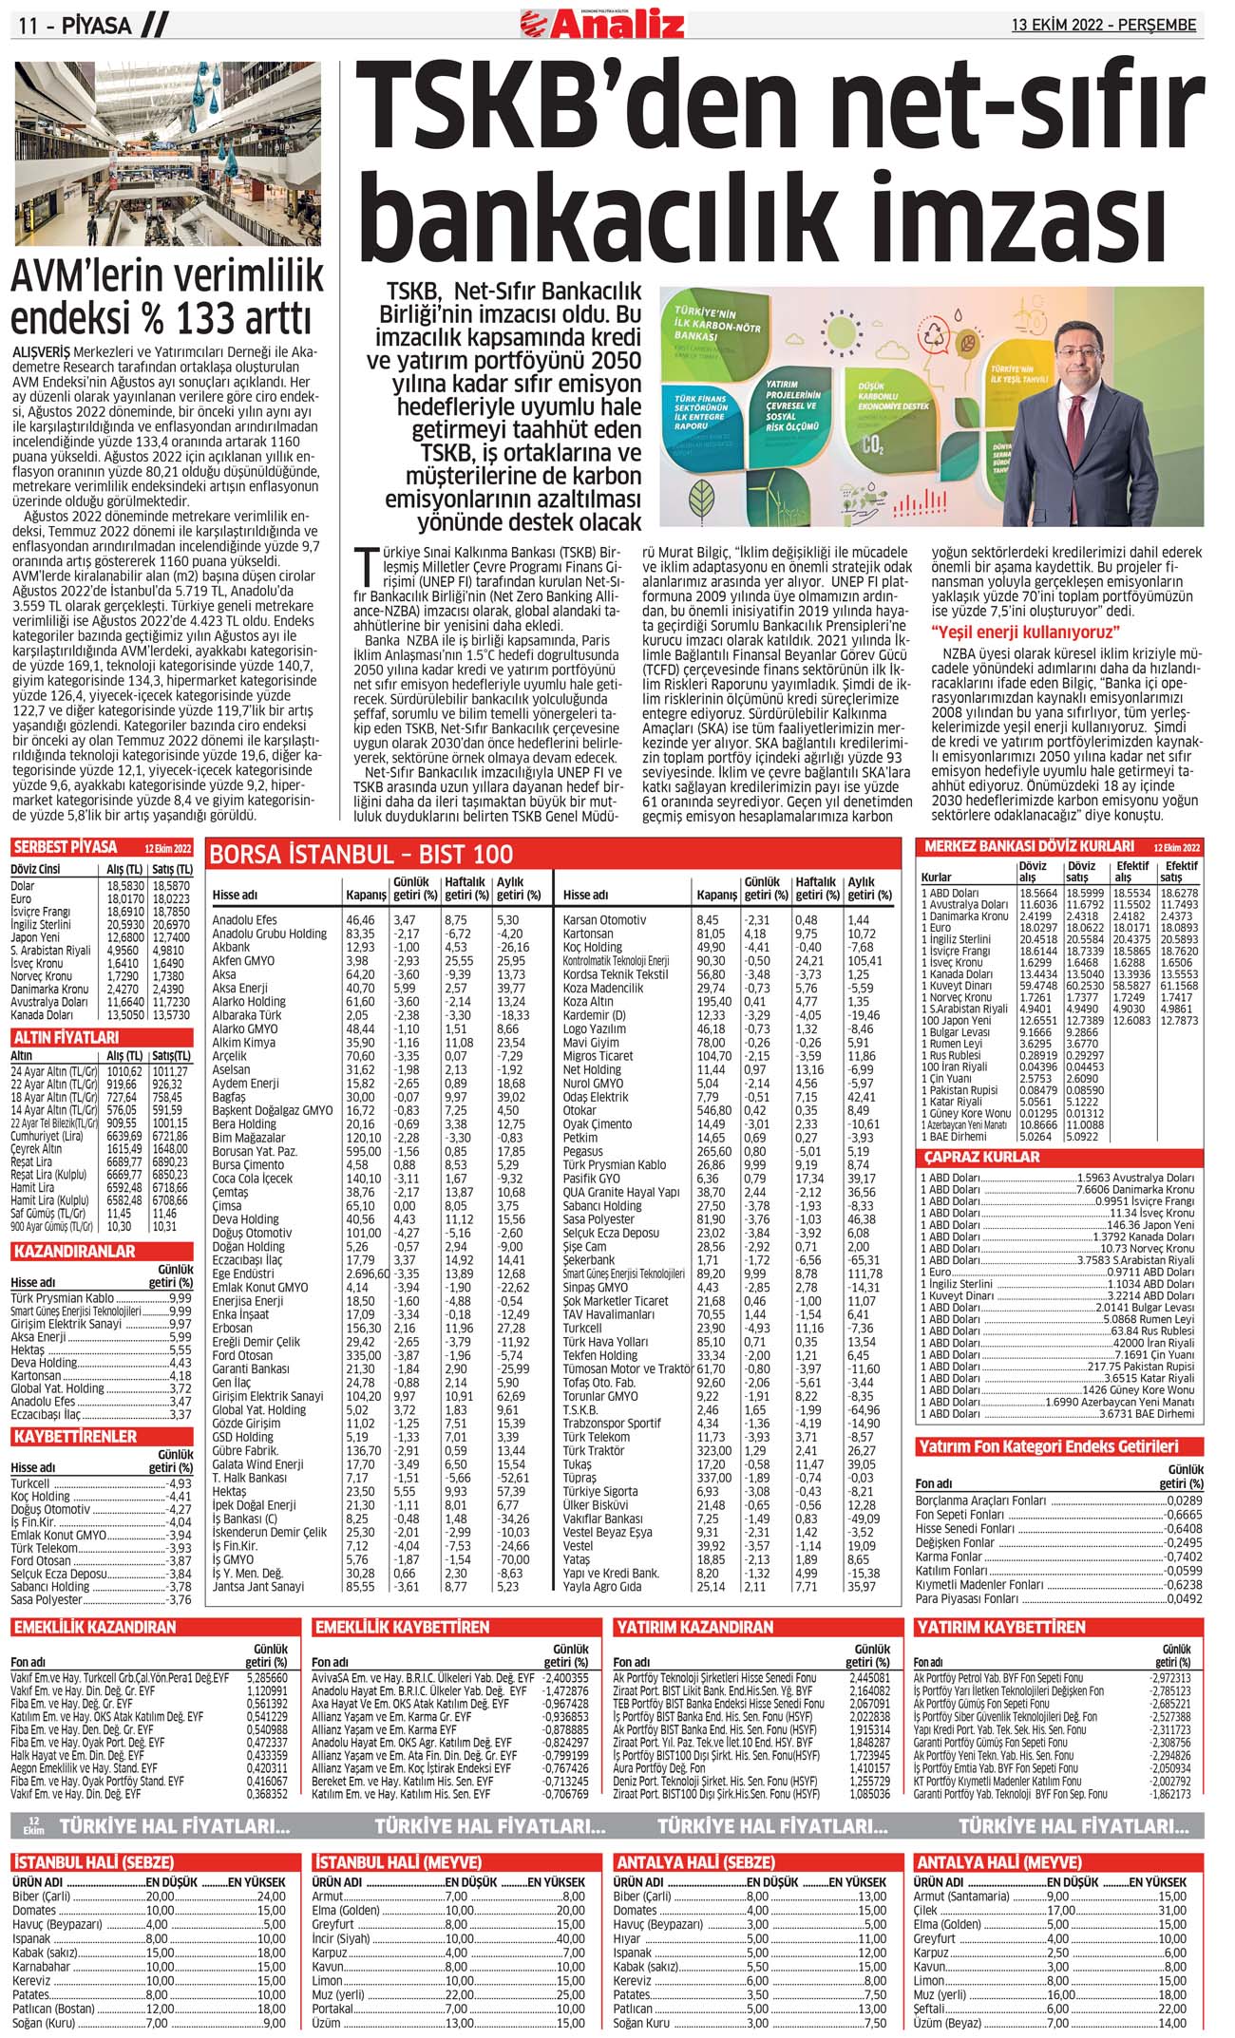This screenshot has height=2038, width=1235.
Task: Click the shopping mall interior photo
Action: pos(166,154)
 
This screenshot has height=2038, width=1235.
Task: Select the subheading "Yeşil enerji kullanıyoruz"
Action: pos(1026,632)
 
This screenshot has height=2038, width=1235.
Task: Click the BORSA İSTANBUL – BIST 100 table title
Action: pos(361,854)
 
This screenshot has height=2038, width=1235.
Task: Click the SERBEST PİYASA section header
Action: pos(66,847)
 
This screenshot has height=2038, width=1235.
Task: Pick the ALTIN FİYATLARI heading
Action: pos(66,1038)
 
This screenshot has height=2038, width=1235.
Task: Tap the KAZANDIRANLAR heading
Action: pos(75,1252)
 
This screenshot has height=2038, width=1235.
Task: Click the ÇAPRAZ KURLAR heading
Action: pos(982,1158)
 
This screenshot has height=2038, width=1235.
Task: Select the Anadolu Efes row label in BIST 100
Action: pos(244,920)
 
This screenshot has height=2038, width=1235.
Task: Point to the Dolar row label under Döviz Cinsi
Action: pos(23,885)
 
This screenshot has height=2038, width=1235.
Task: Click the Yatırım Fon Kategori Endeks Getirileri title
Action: pos(1048,1446)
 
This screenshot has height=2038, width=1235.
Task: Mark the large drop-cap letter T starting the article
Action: pos(363,564)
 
